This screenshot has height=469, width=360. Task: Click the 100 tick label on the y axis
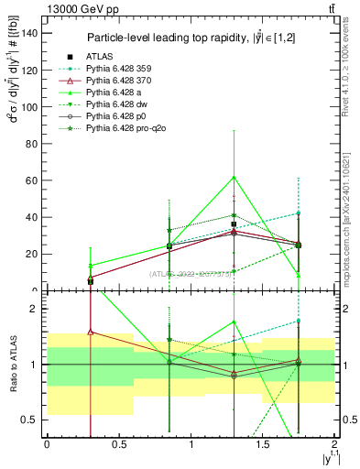34,106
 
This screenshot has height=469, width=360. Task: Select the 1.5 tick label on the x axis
263,444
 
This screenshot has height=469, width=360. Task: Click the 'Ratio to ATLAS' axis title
12,365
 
